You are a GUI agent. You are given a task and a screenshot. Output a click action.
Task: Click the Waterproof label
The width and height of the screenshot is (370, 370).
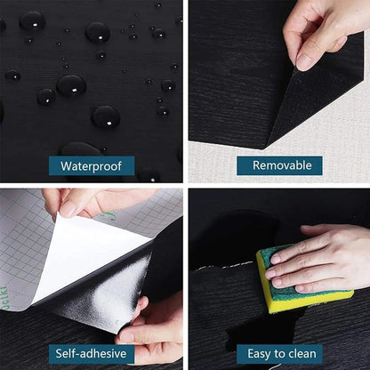tap(92, 165)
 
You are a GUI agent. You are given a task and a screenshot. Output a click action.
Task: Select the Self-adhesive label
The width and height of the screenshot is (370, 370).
tap(92, 353)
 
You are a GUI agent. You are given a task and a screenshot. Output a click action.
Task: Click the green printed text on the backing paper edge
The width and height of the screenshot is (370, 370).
tap(107, 216)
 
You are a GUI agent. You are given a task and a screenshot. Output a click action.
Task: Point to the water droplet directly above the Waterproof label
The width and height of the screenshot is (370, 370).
tap(105, 116)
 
